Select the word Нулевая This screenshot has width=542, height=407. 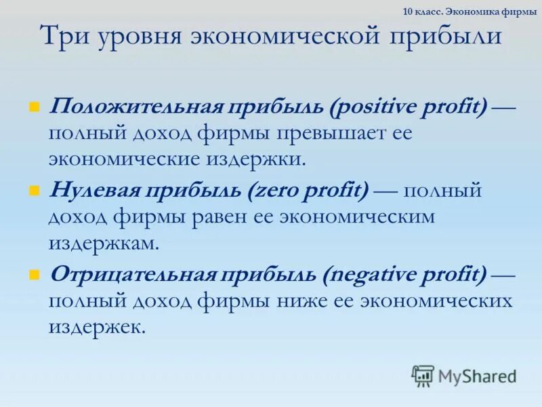pos(91,191)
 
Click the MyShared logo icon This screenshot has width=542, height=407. pos(423,374)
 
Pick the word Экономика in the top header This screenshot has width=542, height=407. pos(474,12)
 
